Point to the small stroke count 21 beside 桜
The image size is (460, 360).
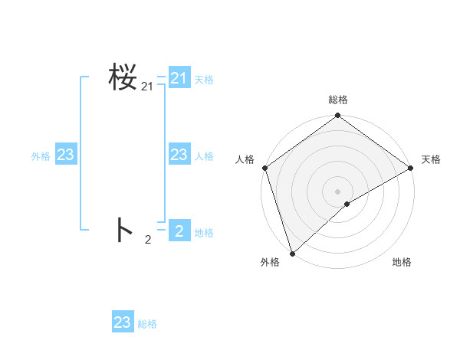[147, 87]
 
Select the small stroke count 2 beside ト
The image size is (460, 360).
[148, 240]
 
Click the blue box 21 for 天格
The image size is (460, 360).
[179, 78]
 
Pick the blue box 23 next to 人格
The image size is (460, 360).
[179, 155]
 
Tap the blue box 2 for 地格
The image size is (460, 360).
[179, 230]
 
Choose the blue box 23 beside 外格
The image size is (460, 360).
[66, 155]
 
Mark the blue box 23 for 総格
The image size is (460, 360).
[123, 322]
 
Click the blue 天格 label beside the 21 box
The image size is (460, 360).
[204, 80]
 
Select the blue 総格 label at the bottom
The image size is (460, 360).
[147, 324]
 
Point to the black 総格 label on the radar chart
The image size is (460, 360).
[338, 100]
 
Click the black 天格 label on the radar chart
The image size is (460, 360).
[431, 159]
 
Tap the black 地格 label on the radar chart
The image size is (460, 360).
[402, 262]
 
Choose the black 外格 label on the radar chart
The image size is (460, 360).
[270, 262]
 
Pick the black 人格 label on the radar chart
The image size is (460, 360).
[245, 159]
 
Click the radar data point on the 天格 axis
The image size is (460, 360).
[411, 168]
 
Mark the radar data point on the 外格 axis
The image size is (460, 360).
[292, 253]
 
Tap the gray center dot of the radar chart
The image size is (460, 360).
[337, 191]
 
